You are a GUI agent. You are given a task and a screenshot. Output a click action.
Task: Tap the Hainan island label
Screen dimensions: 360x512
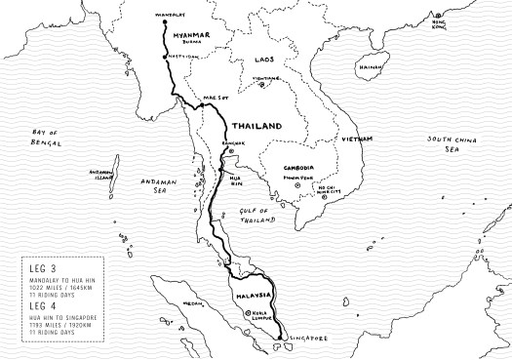pos(371,68)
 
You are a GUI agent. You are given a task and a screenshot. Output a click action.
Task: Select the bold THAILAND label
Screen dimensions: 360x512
pos(257,127)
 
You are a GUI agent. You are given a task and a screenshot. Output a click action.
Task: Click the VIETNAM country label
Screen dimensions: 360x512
pos(355,140)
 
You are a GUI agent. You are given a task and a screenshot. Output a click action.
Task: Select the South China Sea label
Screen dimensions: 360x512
pos(450,144)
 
